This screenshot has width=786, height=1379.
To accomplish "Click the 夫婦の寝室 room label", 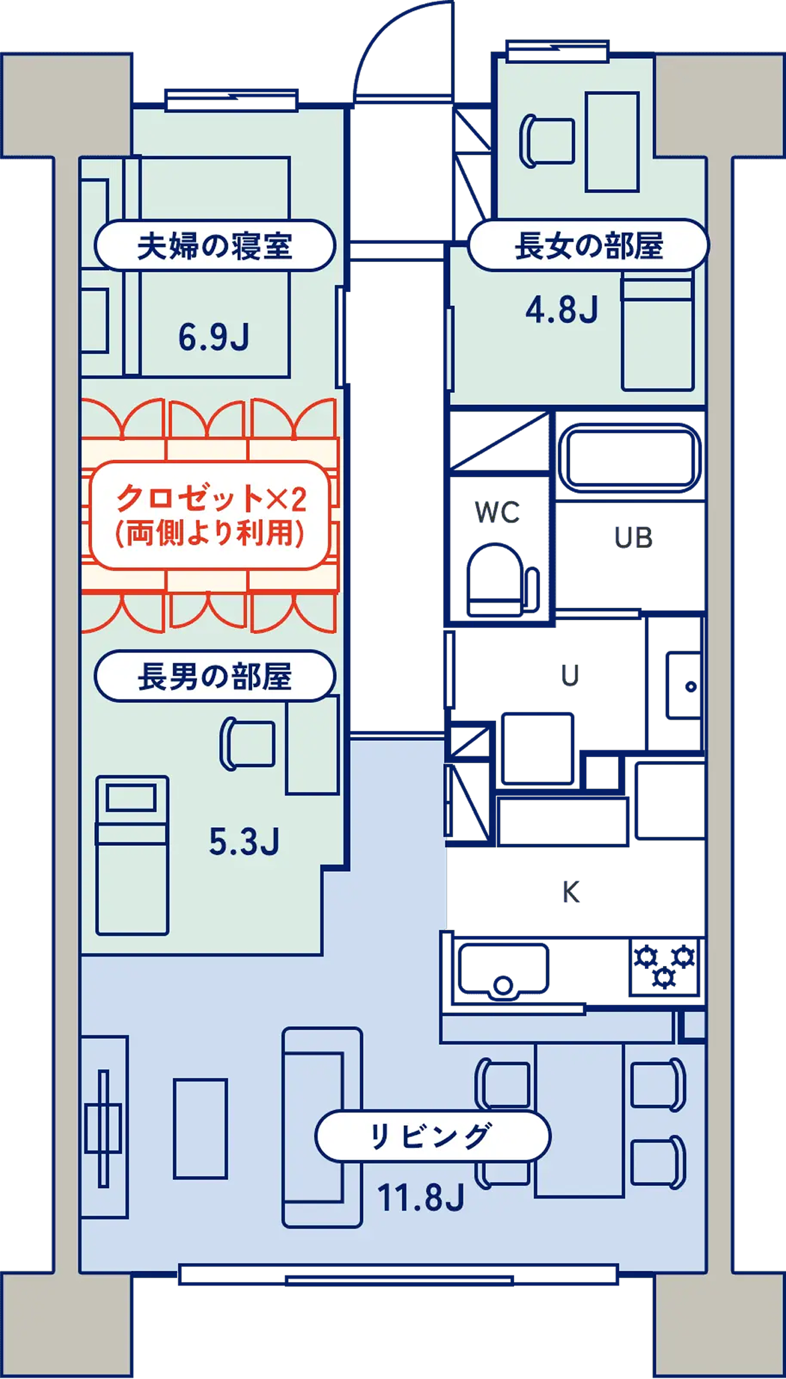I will point(215,246).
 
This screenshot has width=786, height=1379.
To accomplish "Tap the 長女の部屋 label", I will point(588,246).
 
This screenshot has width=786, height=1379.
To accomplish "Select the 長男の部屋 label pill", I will point(215,677).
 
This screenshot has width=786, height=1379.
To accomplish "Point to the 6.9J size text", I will point(214,337).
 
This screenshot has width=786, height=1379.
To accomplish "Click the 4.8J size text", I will point(561,310).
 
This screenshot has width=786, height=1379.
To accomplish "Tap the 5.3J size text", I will point(244,842).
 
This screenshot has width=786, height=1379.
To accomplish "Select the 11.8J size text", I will point(421,1197).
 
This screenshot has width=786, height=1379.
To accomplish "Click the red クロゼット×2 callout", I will point(211,514).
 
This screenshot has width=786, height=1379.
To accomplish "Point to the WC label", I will point(497,512).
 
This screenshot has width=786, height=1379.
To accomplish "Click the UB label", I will point(634,538).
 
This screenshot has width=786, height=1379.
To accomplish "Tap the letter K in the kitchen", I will point(570,892).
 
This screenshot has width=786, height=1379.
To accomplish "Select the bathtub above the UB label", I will point(630,458).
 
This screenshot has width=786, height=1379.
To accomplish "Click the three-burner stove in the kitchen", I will point(664,966).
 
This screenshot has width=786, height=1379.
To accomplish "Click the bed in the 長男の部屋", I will point(132,855).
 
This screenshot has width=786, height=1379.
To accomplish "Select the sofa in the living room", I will point(321,1128).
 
